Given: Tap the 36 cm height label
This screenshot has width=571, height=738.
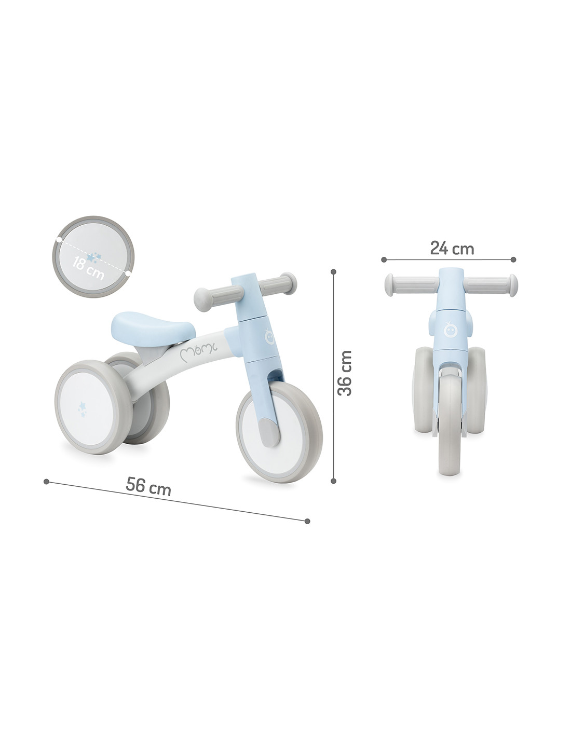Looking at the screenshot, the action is point(344,373).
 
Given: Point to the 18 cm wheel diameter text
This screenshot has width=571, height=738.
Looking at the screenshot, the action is point(88,268).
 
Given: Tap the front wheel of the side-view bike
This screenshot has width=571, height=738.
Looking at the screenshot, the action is point(279,432).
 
